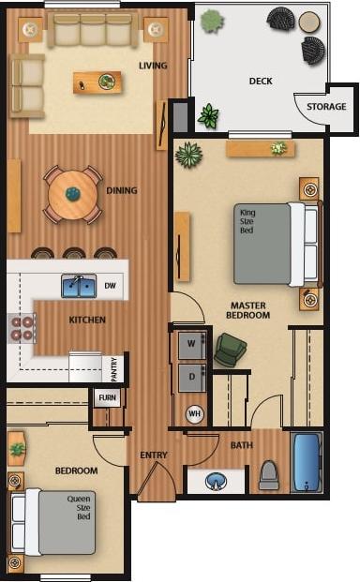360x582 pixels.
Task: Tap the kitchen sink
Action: pos(79,286)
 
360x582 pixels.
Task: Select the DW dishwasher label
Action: pos(110,286)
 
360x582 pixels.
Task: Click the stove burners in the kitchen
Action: pos(22,328)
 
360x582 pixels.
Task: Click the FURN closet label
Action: pos(106,398)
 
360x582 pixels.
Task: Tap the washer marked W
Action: pos(193,344)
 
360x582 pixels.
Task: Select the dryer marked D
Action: pos(193,378)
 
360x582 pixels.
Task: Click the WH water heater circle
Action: pos(195,413)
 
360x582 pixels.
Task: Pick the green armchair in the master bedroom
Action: pos(230,350)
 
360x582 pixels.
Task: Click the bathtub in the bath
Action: pos(307,462)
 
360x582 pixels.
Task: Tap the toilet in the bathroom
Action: pos(269,475)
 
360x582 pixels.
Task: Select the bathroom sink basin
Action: pos(217,482)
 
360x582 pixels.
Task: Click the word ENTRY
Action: pos(154,455)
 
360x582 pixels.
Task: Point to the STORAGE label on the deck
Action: pos(326,107)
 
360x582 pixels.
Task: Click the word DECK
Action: pos(261,82)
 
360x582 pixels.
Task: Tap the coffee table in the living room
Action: pos(97,82)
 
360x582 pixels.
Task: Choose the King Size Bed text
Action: pos(247,221)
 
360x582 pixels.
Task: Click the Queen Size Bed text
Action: pos(79,508)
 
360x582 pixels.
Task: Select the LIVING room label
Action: pos(153,66)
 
